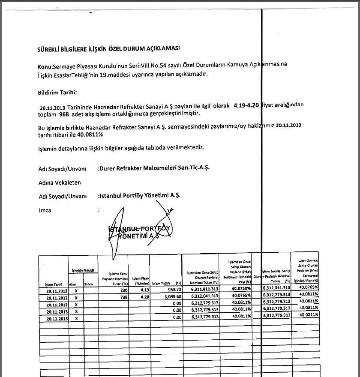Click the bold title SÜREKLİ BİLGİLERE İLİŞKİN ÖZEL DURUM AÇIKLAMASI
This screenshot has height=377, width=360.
(108, 49)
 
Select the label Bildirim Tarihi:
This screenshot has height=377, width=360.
(57, 93)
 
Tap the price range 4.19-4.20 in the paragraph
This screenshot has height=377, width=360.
(246, 105)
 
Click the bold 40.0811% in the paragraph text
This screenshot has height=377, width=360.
(90, 135)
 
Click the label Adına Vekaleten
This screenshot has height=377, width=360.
(60, 183)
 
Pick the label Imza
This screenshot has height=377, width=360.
(45, 210)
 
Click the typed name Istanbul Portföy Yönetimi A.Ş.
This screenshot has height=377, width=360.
(140, 195)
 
